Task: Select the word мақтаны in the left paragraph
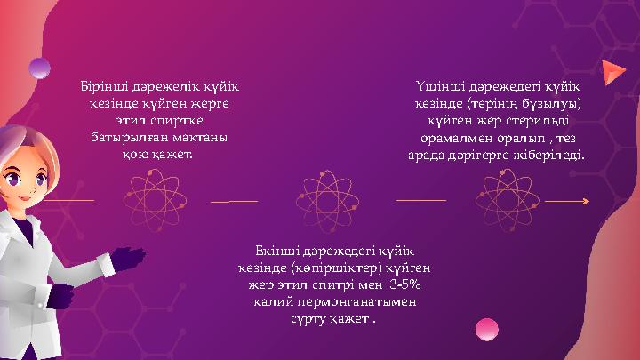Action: click(x=200, y=139)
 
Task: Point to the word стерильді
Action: click(x=538, y=122)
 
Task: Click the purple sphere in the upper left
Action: click(x=40, y=68)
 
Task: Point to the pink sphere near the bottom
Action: click(x=486, y=330)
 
